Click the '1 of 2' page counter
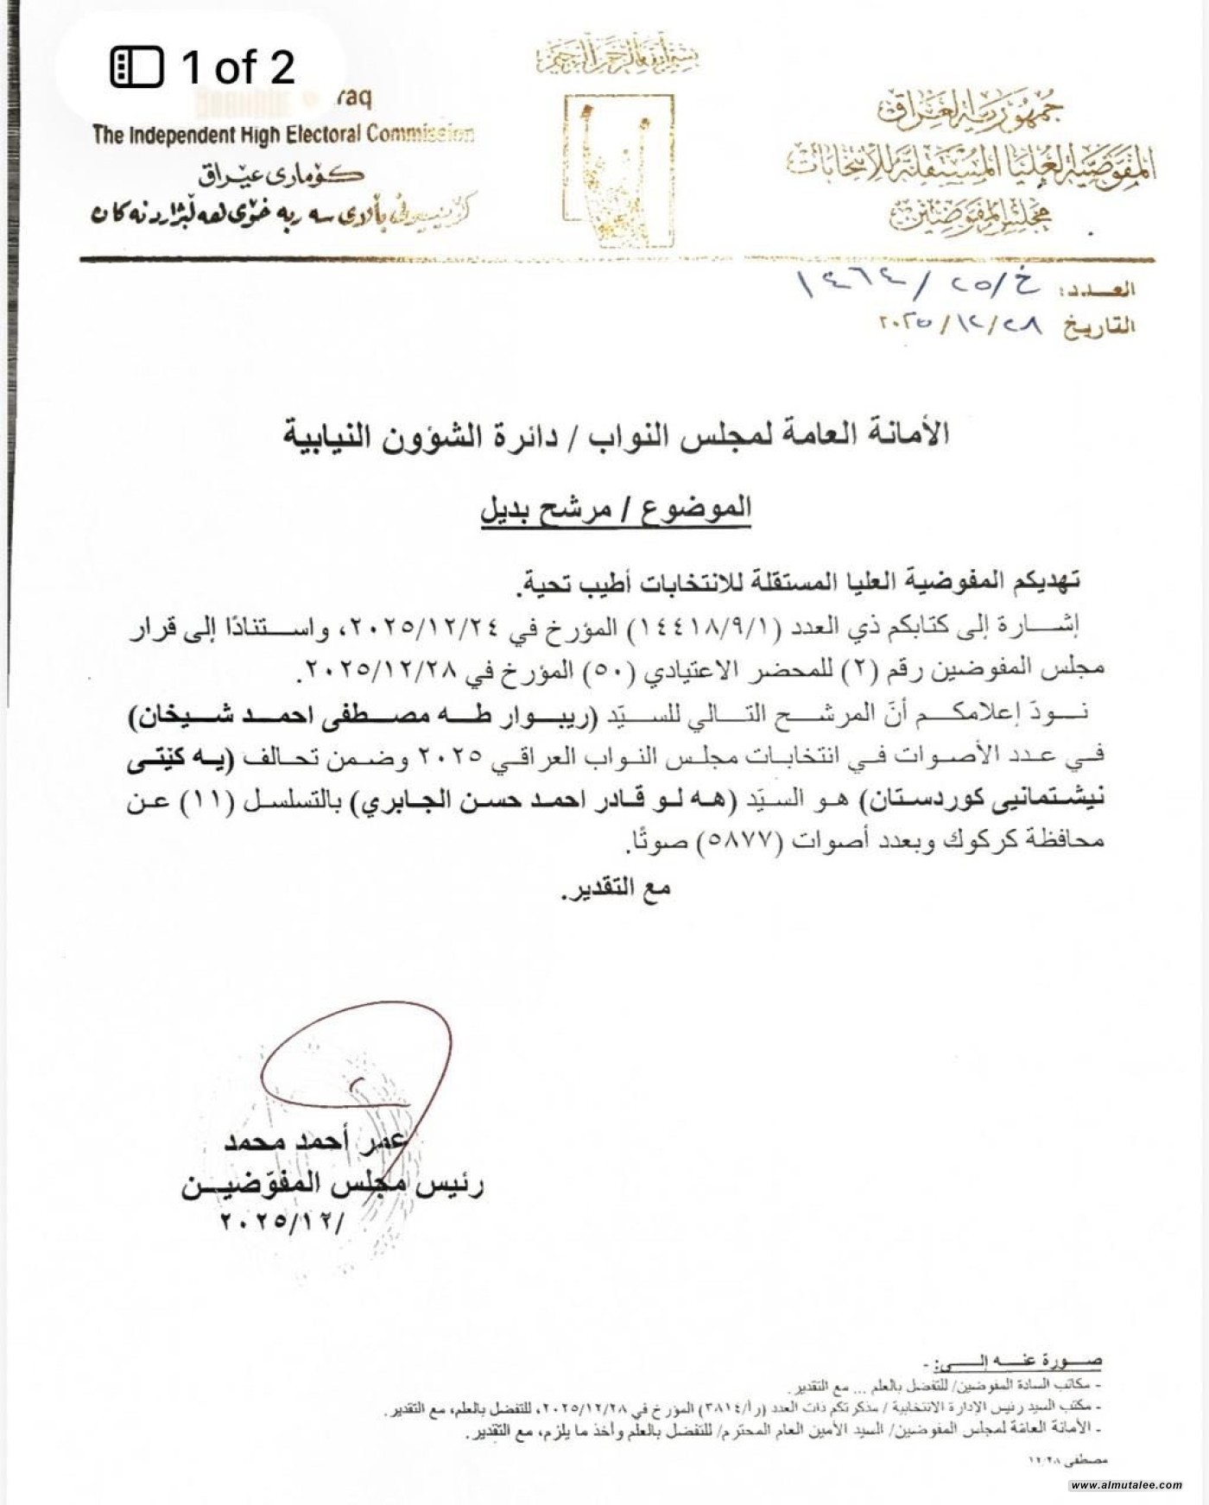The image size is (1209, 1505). (x=237, y=67)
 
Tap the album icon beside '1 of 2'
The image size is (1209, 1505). (x=136, y=67)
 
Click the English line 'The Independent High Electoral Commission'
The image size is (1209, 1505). (x=283, y=135)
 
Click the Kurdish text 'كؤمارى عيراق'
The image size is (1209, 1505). (x=282, y=175)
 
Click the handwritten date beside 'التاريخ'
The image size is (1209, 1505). (x=959, y=326)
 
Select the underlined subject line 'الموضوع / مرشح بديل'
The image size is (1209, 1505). (x=616, y=509)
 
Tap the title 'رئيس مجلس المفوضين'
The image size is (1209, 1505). (x=332, y=1186)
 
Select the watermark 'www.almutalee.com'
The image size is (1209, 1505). (x=1126, y=1485)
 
